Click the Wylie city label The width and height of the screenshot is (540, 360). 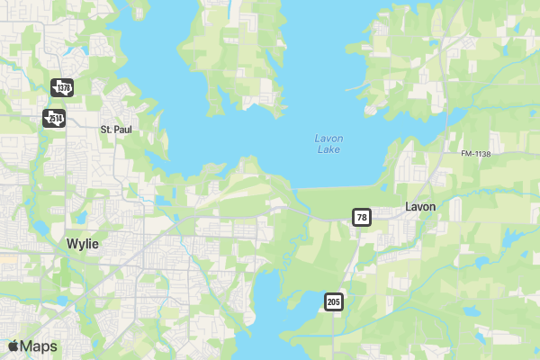click(83, 244)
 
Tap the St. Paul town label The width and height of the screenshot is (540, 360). click(117, 130)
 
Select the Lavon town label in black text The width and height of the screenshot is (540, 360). click(420, 206)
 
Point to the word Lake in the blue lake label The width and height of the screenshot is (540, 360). click(328, 149)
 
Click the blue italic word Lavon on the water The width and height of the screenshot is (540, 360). click(328, 139)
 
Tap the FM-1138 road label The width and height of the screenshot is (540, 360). click(476, 155)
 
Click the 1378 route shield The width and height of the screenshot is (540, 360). click(61, 87)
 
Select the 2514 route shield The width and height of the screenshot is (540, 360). click(54, 118)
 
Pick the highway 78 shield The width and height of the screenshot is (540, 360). click(362, 218)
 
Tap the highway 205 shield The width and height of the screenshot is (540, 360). click(334, 301)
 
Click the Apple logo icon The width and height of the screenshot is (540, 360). click(13, 346)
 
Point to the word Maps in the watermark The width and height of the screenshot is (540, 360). click(39, 346)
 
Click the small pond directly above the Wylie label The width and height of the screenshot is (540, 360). click(80, 218)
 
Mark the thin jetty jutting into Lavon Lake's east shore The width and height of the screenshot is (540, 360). click(355, 87)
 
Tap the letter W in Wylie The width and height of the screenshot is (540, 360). click(72, 244)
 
